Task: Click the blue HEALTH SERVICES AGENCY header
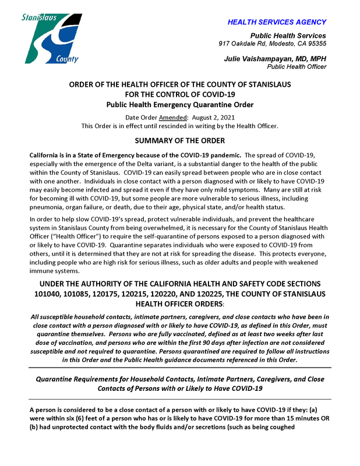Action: coord(277,22)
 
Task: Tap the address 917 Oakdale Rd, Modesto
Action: coord(272,44)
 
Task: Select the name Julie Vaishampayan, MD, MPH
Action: coord(275,59)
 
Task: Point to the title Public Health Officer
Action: coord(297,67)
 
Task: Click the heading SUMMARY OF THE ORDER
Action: coord(180,141)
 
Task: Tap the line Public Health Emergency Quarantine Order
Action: coord(180,105)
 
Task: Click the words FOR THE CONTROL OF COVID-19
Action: coord(180,94)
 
